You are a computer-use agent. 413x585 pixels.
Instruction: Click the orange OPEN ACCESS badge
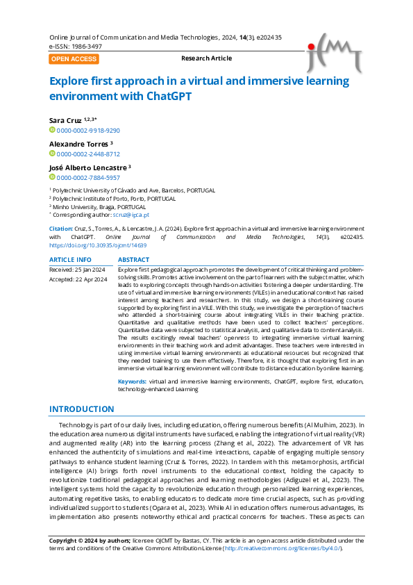tap(74, 59)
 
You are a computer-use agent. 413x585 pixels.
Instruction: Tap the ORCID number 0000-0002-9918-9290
tap(88, 130)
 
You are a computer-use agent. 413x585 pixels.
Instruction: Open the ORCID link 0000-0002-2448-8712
tap(88, 154)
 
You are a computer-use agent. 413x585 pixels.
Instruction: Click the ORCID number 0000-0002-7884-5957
tap(88, 178)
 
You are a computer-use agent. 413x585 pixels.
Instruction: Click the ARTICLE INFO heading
tap(70, 260)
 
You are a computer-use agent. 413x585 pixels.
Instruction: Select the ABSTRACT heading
tap(133, 260)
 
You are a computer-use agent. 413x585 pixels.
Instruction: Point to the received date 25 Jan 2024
tap(89, 269)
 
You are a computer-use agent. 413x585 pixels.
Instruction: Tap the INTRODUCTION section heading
tap(82, 409)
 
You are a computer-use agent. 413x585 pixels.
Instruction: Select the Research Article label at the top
tap(206, 58)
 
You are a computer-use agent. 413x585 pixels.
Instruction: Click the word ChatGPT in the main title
tap(168, 97)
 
